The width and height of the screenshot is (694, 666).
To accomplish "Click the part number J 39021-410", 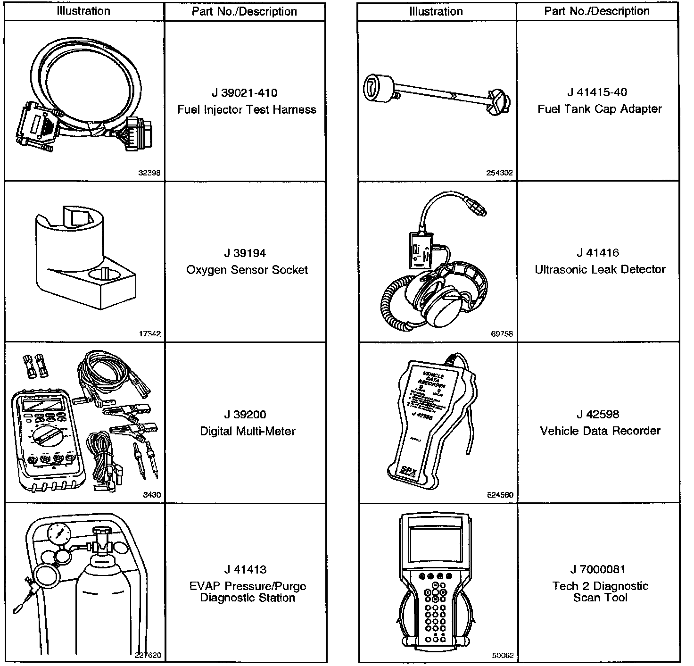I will point(244,93).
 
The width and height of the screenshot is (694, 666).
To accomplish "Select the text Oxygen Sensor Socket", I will point(247,270).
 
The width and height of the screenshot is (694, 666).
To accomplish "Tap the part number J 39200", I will point(245,415).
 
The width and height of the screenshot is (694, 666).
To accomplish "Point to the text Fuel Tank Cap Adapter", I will point(600,109).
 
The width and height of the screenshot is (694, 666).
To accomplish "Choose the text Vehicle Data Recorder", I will point(600,431).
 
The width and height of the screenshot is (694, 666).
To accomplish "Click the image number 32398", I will point(149,173).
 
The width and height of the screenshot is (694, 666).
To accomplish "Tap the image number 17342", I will point(150,334).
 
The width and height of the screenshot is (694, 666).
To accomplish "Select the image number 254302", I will point(499,173).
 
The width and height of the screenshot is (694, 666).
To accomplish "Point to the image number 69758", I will point(502,334).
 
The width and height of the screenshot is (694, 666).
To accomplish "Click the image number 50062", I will point(503,656).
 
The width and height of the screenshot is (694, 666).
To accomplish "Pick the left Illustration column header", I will point(83,11).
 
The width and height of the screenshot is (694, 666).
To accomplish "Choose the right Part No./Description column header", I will point(597,11).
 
